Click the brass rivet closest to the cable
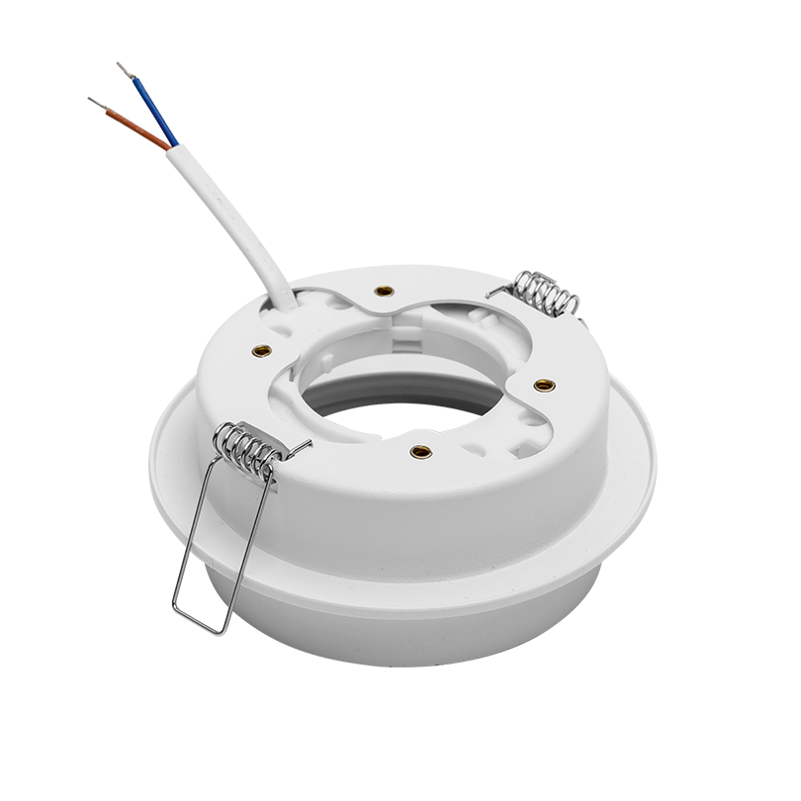pos(383,292)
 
